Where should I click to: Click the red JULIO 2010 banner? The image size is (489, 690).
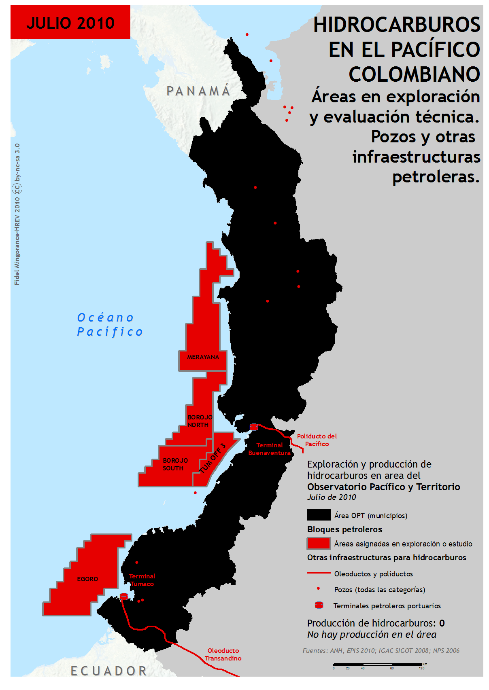[70, 22]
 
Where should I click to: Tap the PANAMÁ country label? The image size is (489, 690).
[198, 91]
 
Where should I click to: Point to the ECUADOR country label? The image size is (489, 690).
[108, 671]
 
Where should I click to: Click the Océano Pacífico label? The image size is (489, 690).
[110, 325]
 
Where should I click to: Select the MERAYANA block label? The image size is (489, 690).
[203, 357]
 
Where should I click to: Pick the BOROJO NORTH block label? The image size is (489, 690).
[200, 421]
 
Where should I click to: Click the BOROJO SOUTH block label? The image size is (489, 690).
[175, 464]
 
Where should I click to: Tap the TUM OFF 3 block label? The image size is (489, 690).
[213, 458]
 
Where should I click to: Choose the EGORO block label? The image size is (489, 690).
[87, 579]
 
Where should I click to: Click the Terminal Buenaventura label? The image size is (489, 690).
[269, 449]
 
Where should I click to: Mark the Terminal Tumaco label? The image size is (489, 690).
[142, 580]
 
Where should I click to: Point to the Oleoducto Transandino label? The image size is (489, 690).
[223, 654]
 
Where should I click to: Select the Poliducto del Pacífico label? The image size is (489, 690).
[317, 440]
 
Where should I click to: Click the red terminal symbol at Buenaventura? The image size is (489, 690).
[254, 427]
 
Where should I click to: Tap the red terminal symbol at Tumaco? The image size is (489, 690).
[124, 596]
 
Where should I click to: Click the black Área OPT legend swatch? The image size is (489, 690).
[319, 515]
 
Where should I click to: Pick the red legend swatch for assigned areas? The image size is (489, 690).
[319, 544]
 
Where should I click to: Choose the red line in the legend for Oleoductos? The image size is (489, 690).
[319, 573]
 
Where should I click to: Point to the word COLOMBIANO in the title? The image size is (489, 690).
[414, 74]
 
